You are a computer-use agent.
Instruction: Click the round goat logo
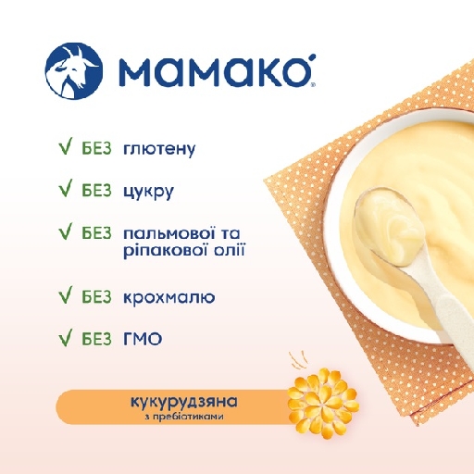73,70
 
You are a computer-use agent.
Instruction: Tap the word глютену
159,149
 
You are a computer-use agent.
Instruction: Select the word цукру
148,192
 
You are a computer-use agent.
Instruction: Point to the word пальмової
165,233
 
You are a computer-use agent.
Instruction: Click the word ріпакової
165,251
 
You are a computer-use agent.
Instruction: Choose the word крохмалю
169,297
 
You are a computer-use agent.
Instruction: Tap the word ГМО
143,340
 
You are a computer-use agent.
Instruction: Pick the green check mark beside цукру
66,188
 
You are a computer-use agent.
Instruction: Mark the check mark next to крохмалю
66,294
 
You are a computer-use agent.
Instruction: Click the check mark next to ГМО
66,337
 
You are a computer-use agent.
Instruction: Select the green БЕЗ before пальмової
96,233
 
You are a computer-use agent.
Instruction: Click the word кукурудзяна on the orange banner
184,402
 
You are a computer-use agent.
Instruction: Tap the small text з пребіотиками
184,417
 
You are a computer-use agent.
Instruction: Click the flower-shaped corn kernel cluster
323,403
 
